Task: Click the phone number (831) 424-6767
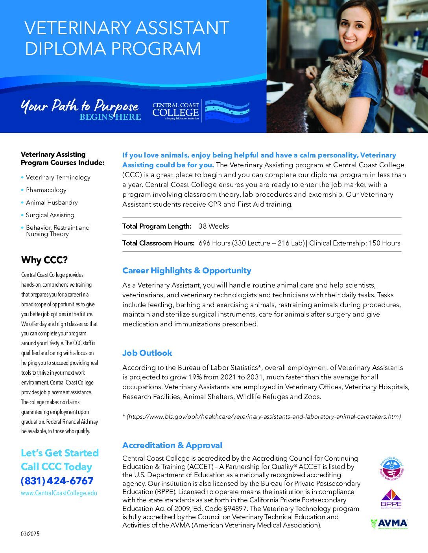(57, 481)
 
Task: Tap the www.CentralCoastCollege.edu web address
(59, 493)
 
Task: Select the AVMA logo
(389, 524)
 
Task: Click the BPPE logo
(391, 498)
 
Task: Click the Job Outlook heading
(147, 353)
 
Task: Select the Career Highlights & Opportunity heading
(186, 270)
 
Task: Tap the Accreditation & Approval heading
(172, 445)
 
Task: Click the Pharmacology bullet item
(46, 190)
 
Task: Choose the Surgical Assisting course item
(50, 215)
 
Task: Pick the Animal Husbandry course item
(52, 202)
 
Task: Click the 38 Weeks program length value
(214, 226)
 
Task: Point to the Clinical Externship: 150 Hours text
(354, 243)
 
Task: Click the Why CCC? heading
(44, 260)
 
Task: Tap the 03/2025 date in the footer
(30, 534)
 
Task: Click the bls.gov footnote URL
(263, 416)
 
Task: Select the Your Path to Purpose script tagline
(79, 106)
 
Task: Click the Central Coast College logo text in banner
(176, 110)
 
